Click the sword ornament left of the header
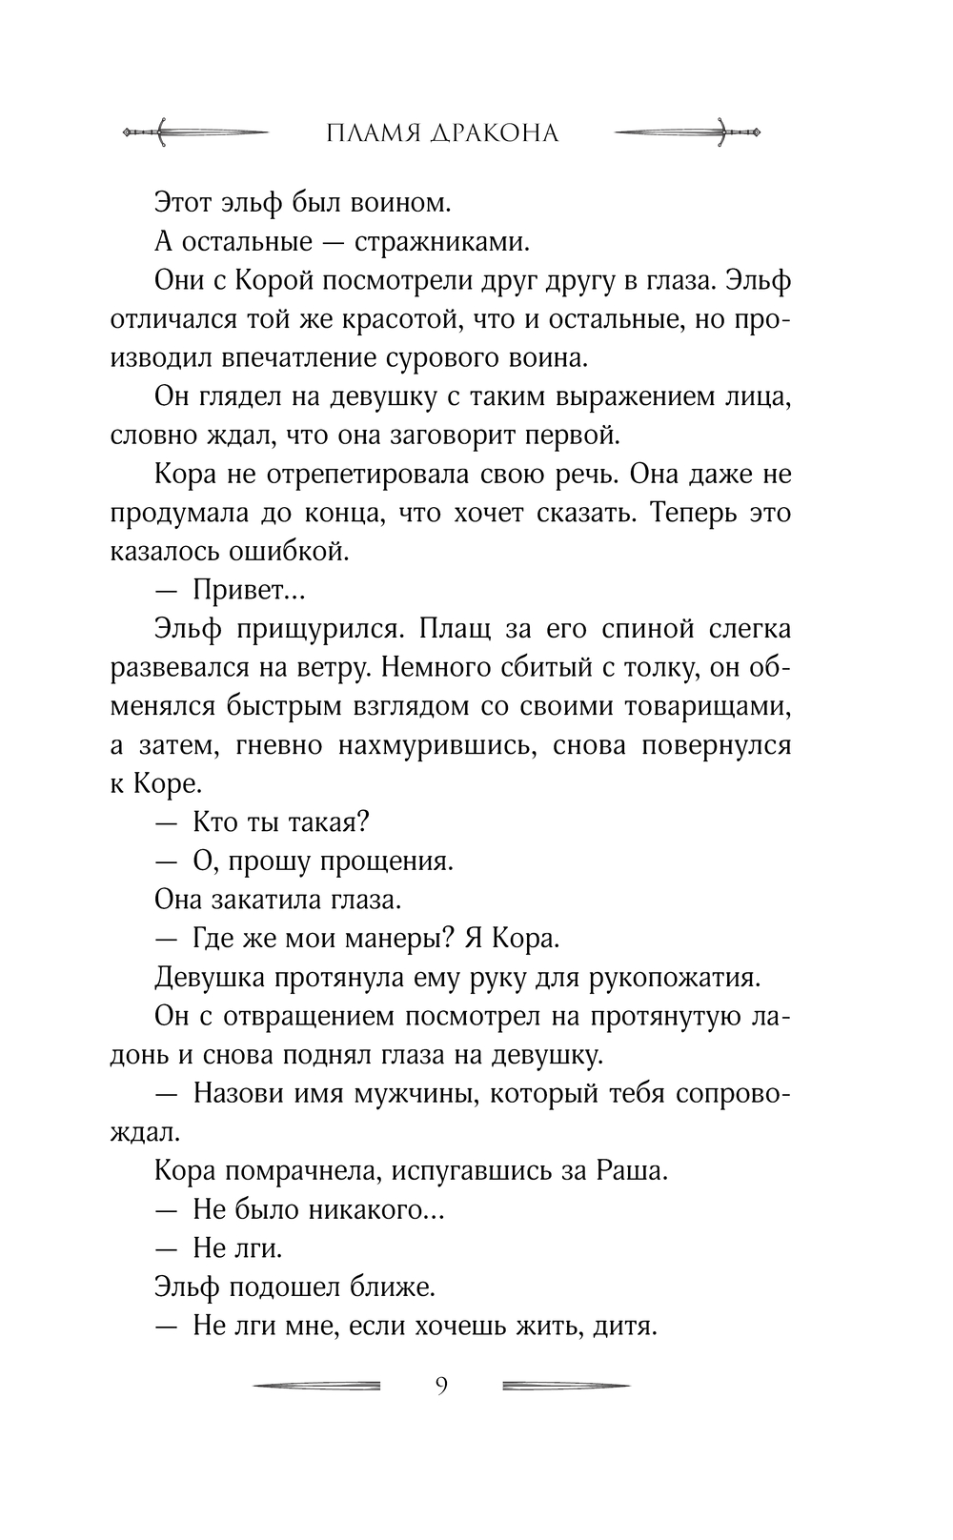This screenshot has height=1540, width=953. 195,132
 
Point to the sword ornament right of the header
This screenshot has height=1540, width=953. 687,132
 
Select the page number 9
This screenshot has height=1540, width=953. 440,1385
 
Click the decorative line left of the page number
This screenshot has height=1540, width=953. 316,1385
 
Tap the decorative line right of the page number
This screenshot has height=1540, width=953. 565,1385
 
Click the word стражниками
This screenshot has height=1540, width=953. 441,242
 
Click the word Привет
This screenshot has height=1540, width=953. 244,591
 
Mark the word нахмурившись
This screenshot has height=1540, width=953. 419,745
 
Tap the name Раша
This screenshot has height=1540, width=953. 632,1171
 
